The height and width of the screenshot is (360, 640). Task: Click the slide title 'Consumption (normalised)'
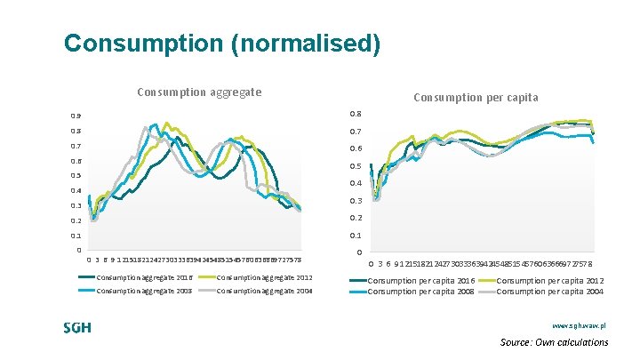click(222, 43)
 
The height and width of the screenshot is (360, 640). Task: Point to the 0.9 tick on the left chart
click(76, 116)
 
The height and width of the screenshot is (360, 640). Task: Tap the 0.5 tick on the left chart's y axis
click(76, 176)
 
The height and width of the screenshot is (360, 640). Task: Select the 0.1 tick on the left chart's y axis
click(76, 236)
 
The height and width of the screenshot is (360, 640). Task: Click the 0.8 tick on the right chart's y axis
click(356, 114)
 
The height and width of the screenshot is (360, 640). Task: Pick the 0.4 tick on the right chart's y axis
click(356, 183)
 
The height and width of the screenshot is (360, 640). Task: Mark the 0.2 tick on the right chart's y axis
click(356, 218)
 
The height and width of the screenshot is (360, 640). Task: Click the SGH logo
click(77, 327)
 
